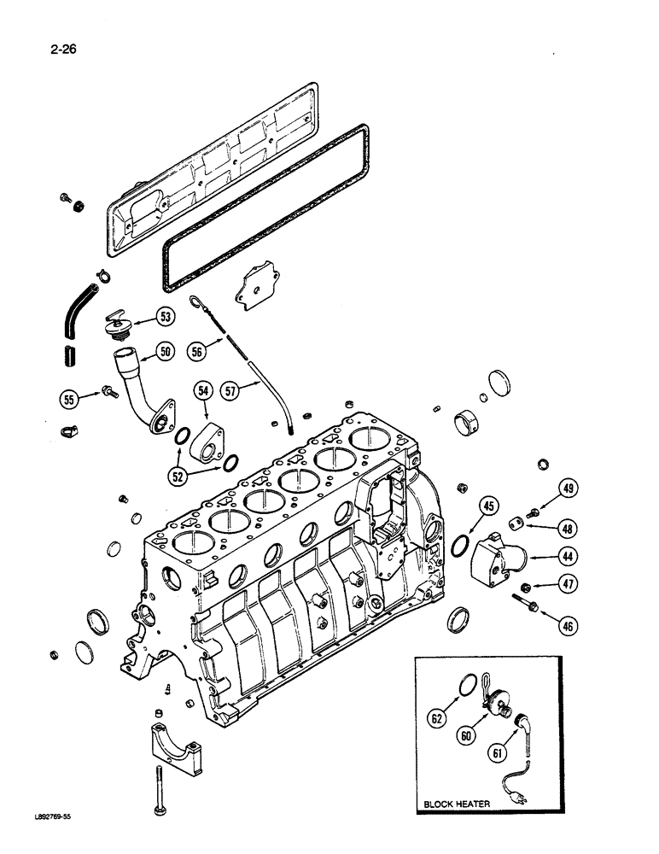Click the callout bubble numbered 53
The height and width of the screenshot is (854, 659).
pos(165,318)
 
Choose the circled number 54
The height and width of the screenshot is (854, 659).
pos(203,390)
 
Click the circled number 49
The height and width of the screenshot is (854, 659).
pos(569,488)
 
